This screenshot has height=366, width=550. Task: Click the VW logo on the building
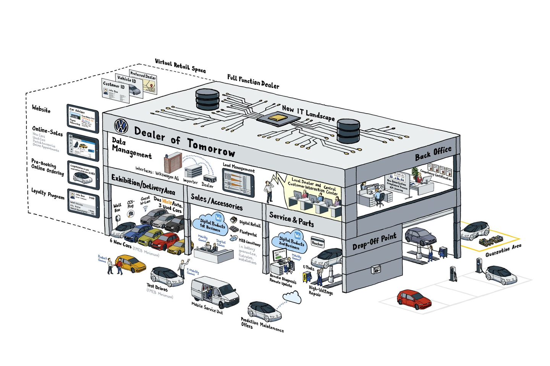pos(121,126)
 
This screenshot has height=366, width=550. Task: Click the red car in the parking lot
pos(414,299)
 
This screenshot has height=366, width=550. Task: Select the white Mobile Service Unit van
pos(215,292)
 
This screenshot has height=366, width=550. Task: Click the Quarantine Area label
pos(503,250)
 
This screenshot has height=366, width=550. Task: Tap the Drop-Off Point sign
pos(374,241)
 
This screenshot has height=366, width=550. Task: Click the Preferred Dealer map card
pos(144,82)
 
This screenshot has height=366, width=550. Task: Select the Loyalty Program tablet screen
pos(83,203)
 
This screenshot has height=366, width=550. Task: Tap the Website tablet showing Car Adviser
pos(82,118)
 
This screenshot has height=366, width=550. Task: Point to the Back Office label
pos(433,153)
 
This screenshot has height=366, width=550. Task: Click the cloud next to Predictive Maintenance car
pos(293,297)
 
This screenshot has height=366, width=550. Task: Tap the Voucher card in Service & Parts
pos(317,243)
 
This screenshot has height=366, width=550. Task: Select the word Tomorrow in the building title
pos(211,147)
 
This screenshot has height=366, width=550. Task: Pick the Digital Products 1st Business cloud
pos(210,224)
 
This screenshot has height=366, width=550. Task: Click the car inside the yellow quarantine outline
pos(475,230)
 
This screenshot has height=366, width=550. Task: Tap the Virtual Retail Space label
pos(180,66)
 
